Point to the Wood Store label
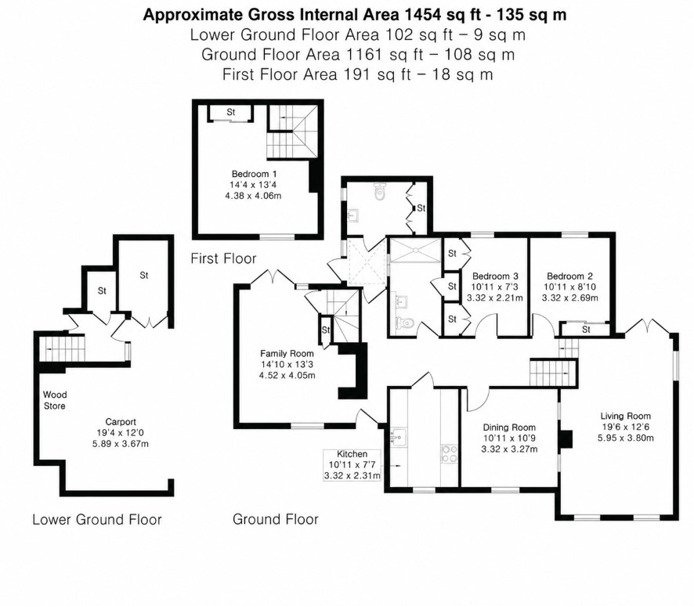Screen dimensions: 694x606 [x=55, y=400]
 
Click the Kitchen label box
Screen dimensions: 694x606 [x=352, y=465]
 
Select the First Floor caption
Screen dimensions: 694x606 [x=223, y=258]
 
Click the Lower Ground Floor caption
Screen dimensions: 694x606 [x=97, y=519]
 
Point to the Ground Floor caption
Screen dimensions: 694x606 [x=275, y=519]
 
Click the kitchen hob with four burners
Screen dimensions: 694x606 [x=449, y=454]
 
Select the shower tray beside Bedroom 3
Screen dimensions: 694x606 [x=415, y=250]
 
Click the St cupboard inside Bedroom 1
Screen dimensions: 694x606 [x=231, y=113]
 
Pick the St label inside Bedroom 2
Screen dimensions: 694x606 [x=586, y=330]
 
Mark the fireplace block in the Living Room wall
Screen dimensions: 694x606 [x=566, y=440]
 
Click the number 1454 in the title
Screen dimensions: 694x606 [x=421, y=15]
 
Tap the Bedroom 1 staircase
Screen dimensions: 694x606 [x=292, y=132]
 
